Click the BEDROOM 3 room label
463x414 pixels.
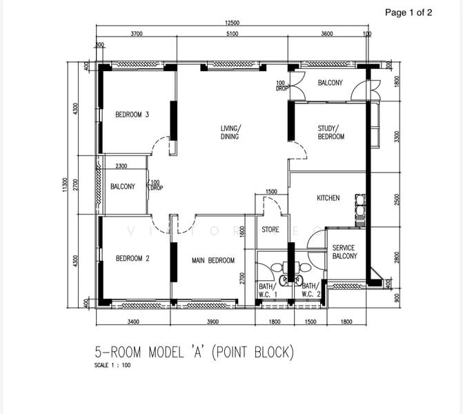(132, 115)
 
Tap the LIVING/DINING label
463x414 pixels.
(230, 132)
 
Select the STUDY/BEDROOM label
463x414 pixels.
(331, 132)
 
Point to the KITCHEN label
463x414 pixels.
(328, 198)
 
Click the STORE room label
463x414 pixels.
(270, 229)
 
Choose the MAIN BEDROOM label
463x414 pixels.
(213, 261)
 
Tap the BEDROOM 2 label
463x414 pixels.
(132, 259)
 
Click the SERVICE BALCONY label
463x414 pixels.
(344, 252)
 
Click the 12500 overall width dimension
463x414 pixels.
(232, 23)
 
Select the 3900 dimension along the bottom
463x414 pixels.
(212, 321)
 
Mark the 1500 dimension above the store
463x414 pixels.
(271, 192)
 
